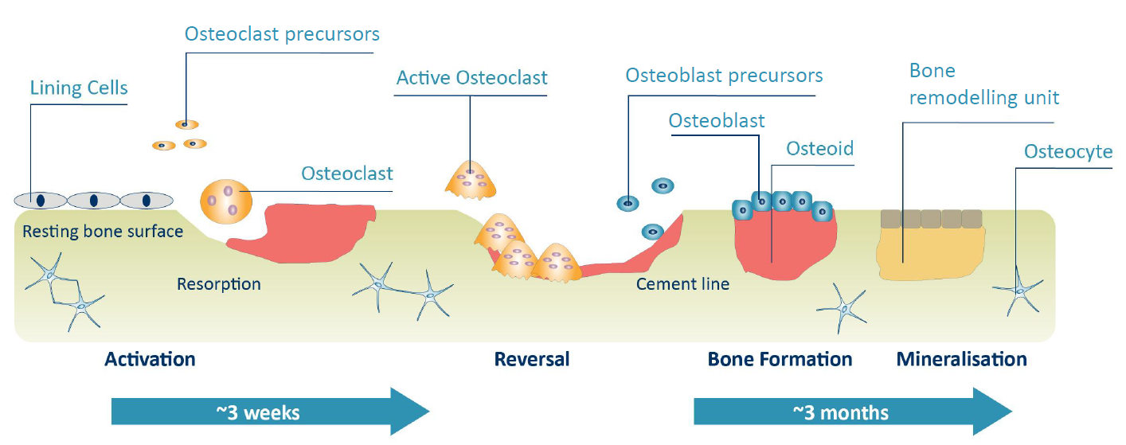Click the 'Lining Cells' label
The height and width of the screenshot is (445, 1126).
click(x=78, y=87)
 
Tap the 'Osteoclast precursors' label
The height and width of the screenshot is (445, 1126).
click(x=282, y=34)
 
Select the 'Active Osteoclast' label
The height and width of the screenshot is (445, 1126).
click(x=471, y=77)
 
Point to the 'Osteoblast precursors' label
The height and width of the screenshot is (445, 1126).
click(x=724, y=76)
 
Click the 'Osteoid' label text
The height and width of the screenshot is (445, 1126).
click(x=819, y=148)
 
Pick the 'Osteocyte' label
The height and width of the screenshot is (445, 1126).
click(x=1068, y=151)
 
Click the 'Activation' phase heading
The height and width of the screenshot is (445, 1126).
click(x=150, y=359)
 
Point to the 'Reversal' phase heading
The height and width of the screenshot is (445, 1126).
click(x=532, y=359)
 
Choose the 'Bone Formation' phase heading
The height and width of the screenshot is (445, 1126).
click(x=780, y=359)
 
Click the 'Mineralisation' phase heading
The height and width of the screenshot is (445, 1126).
click(x=961, y=359)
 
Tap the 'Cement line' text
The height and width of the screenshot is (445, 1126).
click(x=682, y=283)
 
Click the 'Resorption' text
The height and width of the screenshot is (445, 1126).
click(x=219, y=283)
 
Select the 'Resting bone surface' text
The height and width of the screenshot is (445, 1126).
click(x=103, y=232)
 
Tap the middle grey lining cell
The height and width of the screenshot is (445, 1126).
click(x=93, y=200)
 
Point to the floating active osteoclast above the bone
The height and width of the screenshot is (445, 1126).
click(x=471, y=180)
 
